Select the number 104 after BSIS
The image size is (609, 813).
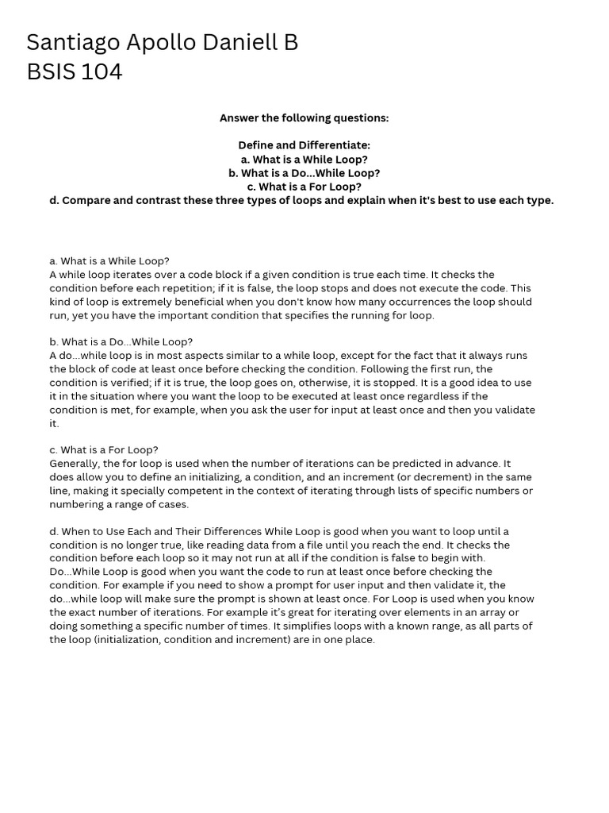(101, 72)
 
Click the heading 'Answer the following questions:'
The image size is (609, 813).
(304, 118)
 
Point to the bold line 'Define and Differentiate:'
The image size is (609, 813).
(304, 145)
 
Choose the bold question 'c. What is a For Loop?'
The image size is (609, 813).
(304, 187)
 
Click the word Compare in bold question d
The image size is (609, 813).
(85, 200)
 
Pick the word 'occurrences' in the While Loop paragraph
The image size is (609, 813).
(383, 302)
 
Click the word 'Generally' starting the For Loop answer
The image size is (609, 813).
(75, 464)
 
